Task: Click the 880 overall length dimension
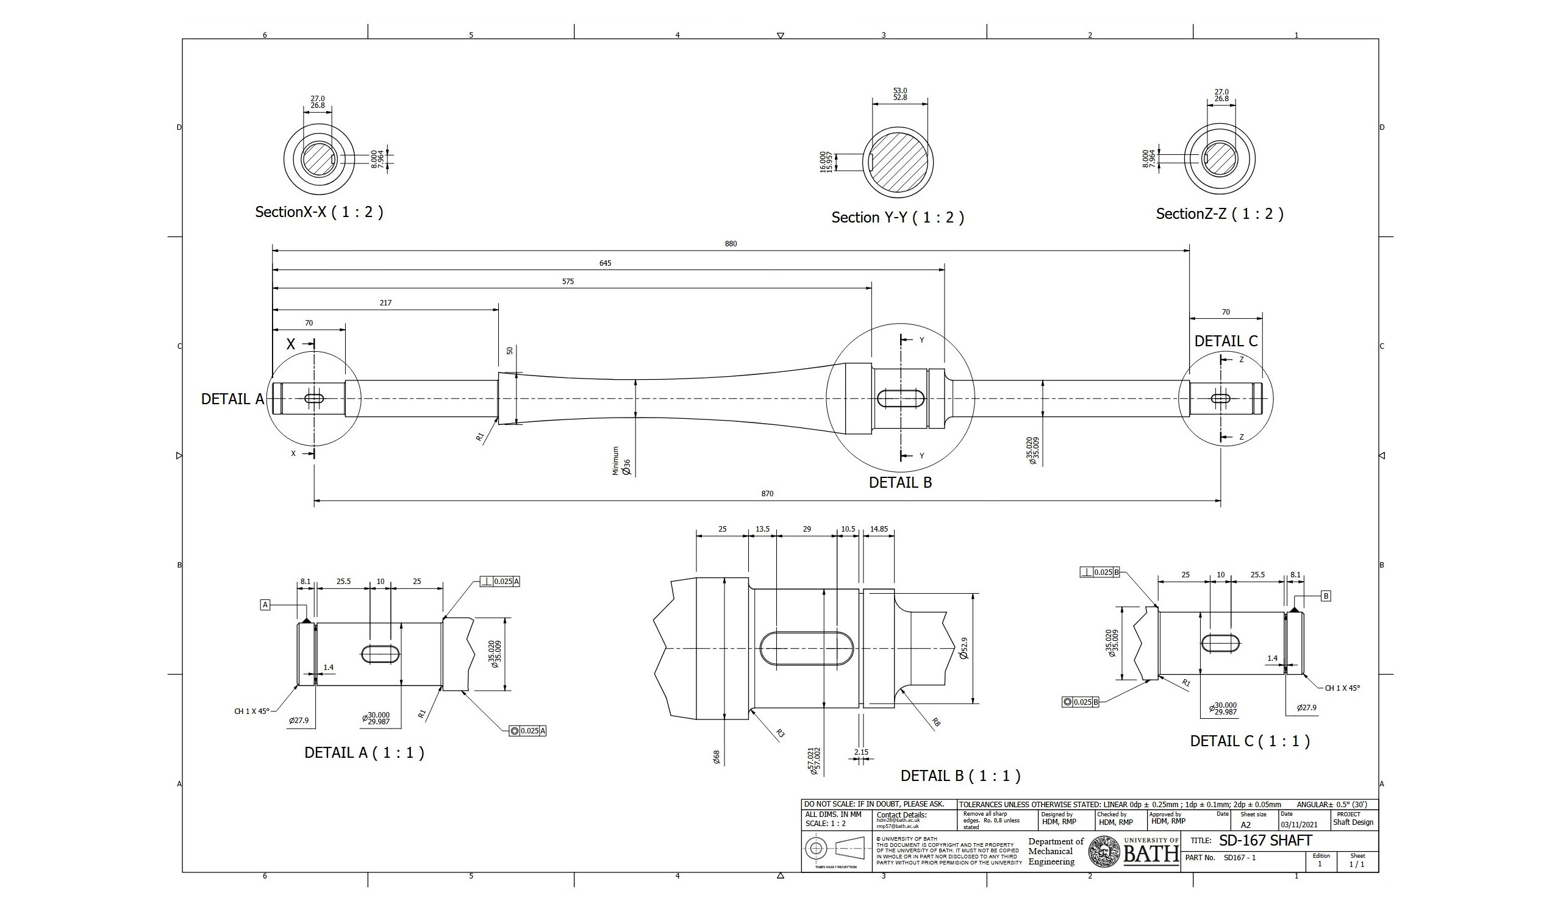[x=731, y=244]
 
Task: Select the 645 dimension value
[x=606, y=263]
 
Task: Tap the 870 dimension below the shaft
[x=768, y=493]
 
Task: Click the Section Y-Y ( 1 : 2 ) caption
[x=898, y=218]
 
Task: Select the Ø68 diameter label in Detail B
[x=717, y=757]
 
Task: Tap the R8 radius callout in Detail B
[x=936, y=722]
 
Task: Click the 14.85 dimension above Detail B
[x=879, y=529]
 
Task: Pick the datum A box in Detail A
[x=265, y=605]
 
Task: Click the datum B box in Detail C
[x=1326, y=596]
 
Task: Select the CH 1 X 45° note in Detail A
[x=252, y=711]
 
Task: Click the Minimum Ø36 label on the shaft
[x=621, y=462]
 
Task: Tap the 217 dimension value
[x=385, y=302]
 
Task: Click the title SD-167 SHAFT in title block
[x=1265, y=841]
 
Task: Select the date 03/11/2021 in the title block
[x=1299, y=824]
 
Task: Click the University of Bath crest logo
[x=1104, y=852]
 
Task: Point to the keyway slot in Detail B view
[x=807, y=649]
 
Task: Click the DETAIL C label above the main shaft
[x=1226, y=341]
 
